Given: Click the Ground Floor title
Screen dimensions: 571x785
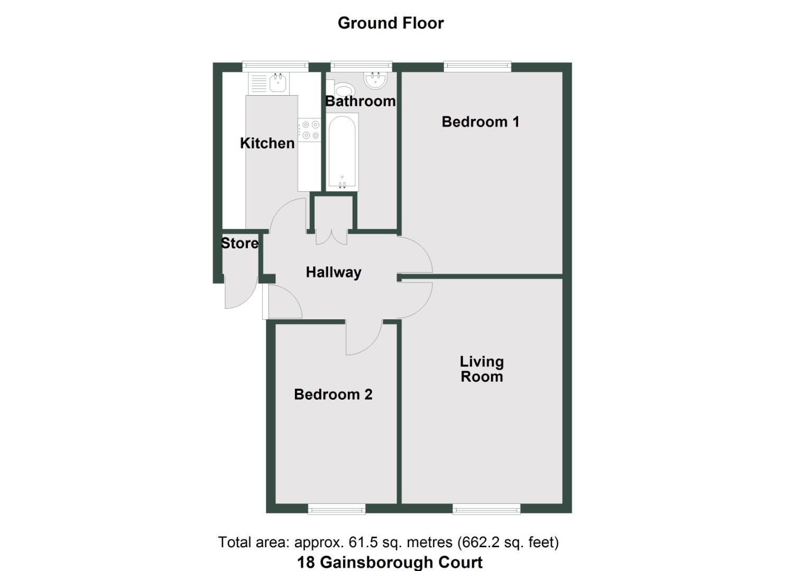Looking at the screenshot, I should tap(391, 23).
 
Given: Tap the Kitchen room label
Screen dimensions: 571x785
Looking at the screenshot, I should tap(267, 143).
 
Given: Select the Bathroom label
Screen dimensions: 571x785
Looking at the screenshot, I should tap(360, 101).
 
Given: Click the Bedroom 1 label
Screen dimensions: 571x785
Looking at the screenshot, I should tap(480, 122).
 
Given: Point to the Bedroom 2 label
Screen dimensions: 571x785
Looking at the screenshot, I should tap(333, 394).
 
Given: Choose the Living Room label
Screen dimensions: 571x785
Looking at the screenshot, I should tap(482, 369).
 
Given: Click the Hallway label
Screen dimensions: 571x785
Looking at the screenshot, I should tap(334, 272).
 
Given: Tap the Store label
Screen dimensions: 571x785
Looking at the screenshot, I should tap(239, 243).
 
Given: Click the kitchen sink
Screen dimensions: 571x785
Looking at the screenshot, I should tap(278, 82).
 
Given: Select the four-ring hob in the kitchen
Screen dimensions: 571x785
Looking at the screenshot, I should tap(309, 130).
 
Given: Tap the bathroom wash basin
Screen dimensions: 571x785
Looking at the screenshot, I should tap(376, 80).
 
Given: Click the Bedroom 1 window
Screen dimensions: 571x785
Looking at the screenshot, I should tap(477, 67).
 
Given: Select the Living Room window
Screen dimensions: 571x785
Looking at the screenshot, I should tap(486, 509).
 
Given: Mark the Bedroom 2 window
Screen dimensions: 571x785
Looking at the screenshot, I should tap(337, 509).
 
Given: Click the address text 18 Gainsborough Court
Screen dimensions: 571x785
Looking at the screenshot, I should tap(390, 562).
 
